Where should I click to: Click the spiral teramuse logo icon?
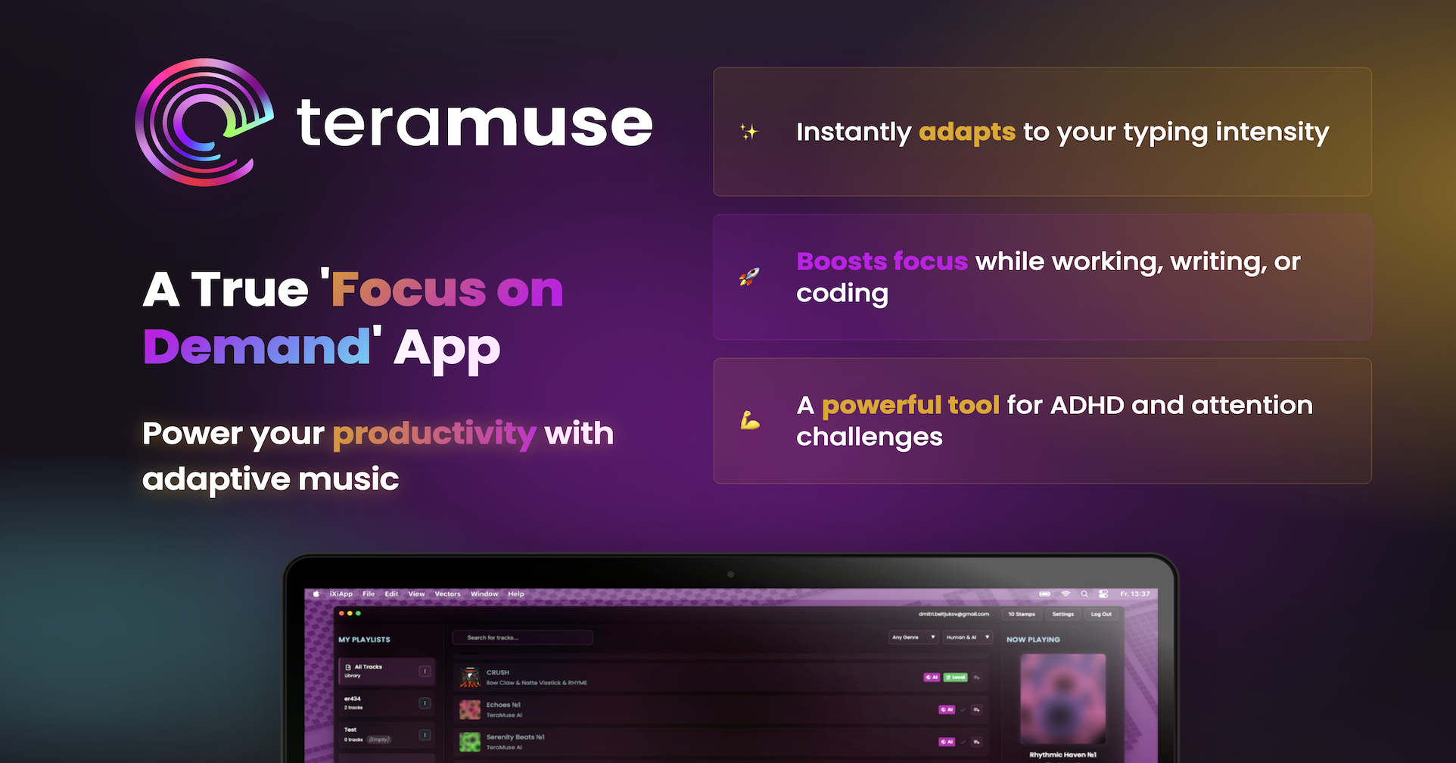click(203, 123)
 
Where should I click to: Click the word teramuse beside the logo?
click(474, 123)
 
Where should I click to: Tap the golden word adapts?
click(966, 132)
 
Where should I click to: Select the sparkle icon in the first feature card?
click(748, 132)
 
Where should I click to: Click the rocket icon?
click(749, 277)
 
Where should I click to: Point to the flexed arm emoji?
click(749, 420)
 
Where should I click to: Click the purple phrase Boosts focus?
click(882, 261)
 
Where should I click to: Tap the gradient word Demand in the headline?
click(257, 347)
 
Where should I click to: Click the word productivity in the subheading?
click(434, 434)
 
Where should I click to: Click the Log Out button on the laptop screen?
click(1101, 615)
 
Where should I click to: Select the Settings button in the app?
click(1062, 615)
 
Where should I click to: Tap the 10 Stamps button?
click(1021, 615)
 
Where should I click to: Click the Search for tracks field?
click(522, 637)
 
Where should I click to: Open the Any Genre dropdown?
click(913, 637)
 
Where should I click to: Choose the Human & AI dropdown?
click(968, 637)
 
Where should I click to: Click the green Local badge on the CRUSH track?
click(956, 677)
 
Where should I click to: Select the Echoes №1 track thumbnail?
click(470, 709)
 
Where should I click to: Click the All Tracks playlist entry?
click(386, 671)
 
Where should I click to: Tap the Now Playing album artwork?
click(1062, 698)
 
